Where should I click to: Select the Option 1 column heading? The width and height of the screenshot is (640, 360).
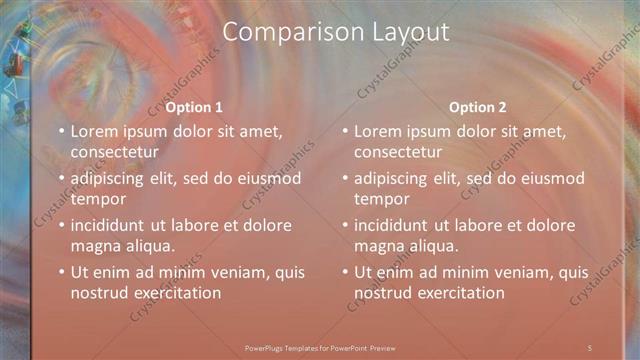[x=194, y=108]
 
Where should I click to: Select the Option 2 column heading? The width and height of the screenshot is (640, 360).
[x=478, y=108]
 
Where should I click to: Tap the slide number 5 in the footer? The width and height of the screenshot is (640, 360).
[x=590, y=347]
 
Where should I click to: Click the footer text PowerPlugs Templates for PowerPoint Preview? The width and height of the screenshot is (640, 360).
[x=320, y=347]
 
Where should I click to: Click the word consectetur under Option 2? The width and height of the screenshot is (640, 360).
[x=399, y=152]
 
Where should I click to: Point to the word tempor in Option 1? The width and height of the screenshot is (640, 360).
[x=96, y=199]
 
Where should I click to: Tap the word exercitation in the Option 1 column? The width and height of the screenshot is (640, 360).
[x=170, y=293]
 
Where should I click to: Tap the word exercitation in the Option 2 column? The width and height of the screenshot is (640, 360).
[x=454, y=293]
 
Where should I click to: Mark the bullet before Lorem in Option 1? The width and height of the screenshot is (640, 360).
[x=61, y=131]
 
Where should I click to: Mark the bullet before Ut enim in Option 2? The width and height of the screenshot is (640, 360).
[x=345, y=272]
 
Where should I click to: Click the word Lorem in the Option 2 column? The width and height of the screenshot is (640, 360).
[x=377, y=131]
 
